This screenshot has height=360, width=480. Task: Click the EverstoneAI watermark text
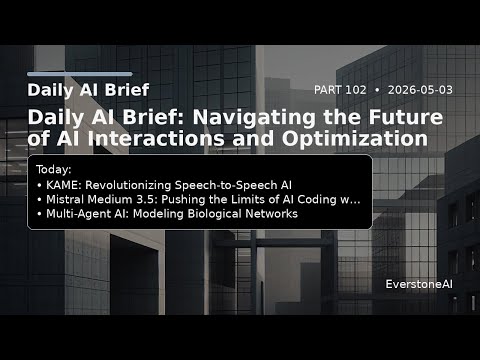pyautogui.click(x=419, y=284)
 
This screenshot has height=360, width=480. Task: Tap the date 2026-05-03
pyautogui.click(x=420, y=90)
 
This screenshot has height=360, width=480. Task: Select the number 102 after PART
pyautogui.click(x=356, y=90)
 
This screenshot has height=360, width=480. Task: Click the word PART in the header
pyautogui.click(x=328, y=90)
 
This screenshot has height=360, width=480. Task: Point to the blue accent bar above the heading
pyautogui.click(x=80, y=74)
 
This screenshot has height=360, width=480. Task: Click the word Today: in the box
pyautogui.click(x=54, y=170)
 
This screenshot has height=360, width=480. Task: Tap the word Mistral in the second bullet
pyautogui.click(x=64, y=199)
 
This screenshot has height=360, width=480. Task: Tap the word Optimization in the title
pyautogui.click(x=355, y=139)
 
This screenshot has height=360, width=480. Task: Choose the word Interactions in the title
pyautogui.click(x=156, y=138)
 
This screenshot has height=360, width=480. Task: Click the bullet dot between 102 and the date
pyautogui.click(x=377, y=90)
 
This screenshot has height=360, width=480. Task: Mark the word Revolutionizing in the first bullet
pyautogui.click(x=128, y=185)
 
